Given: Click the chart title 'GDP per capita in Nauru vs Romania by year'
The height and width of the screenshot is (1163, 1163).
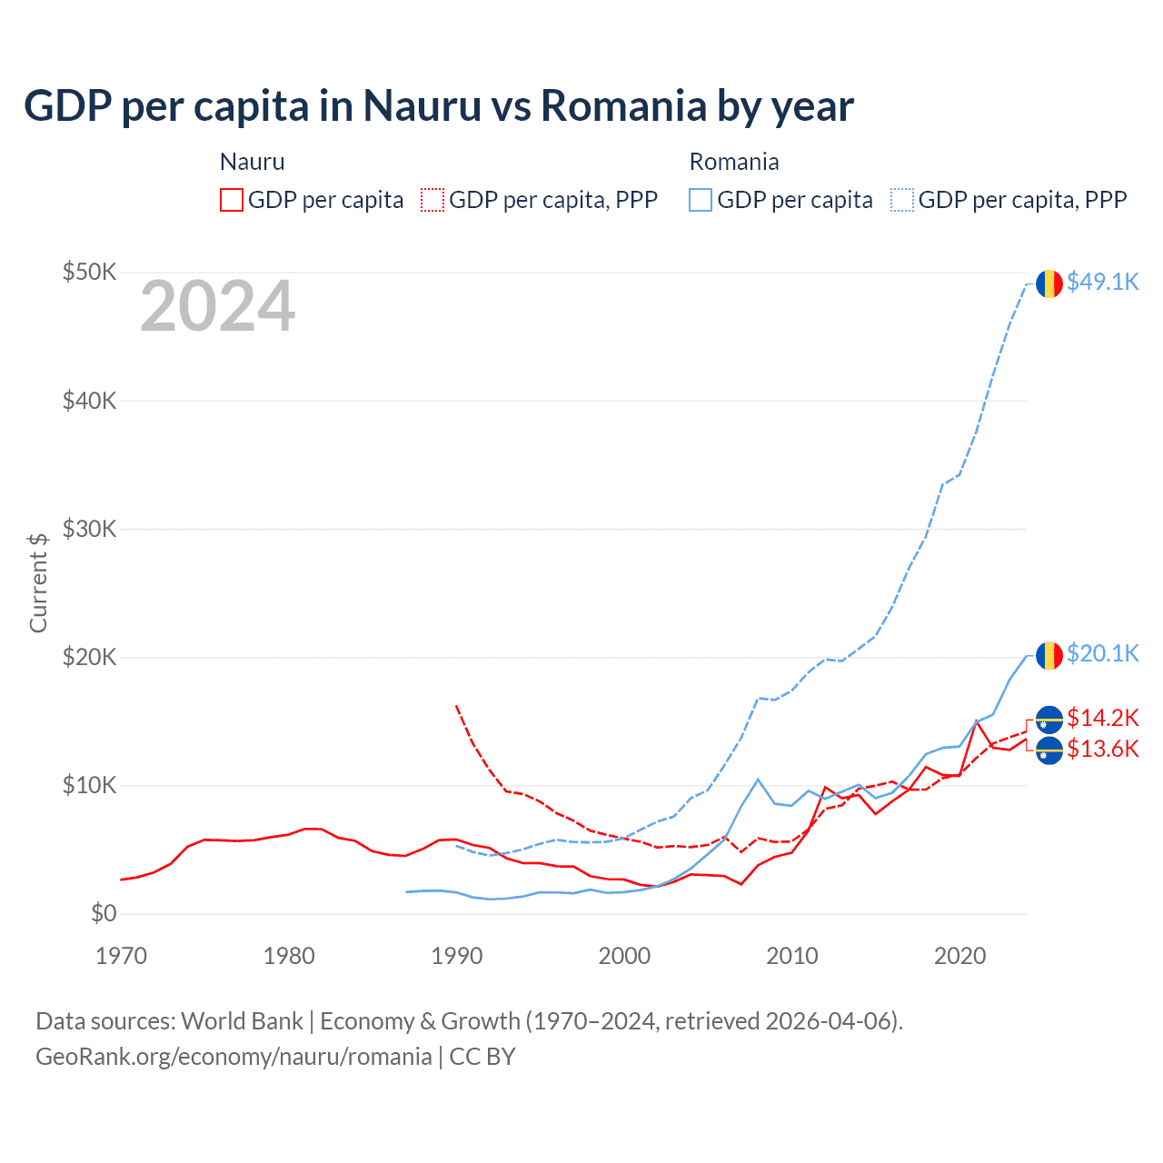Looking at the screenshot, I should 438,105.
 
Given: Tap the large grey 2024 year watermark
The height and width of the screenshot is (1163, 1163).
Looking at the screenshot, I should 217,307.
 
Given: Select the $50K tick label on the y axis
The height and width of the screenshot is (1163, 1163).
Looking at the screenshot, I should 89,272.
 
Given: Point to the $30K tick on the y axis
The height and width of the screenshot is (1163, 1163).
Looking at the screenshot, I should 89,529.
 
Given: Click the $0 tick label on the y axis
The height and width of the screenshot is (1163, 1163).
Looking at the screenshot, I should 104,913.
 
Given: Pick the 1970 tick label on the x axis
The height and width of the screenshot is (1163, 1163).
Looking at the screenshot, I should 121,956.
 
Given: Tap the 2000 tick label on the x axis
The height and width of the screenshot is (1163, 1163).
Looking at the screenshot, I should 624,956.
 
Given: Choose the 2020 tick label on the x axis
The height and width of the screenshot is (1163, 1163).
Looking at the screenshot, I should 959,956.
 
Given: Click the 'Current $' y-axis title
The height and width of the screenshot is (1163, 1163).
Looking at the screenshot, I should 38,582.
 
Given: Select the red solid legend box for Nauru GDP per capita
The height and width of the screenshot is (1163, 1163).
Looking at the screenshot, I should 232,200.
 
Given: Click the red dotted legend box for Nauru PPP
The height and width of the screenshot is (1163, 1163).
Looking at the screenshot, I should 433,200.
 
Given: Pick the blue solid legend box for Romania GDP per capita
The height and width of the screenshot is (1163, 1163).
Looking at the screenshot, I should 701,200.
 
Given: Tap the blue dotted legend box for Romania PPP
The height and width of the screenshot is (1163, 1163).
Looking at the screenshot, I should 902,200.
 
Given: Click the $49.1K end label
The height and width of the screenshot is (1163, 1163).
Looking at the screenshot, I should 1102,282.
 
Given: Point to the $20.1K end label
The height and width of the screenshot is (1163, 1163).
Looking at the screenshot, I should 1102,653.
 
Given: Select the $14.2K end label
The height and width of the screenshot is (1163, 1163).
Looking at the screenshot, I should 1102,718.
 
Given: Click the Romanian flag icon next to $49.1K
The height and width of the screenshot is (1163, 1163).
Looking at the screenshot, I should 1049,283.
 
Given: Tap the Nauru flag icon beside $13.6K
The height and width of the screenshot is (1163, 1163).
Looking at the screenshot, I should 1049,751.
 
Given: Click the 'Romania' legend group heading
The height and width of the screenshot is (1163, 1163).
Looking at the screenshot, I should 734,162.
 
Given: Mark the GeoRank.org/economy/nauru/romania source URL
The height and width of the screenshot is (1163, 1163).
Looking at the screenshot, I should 234,1057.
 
